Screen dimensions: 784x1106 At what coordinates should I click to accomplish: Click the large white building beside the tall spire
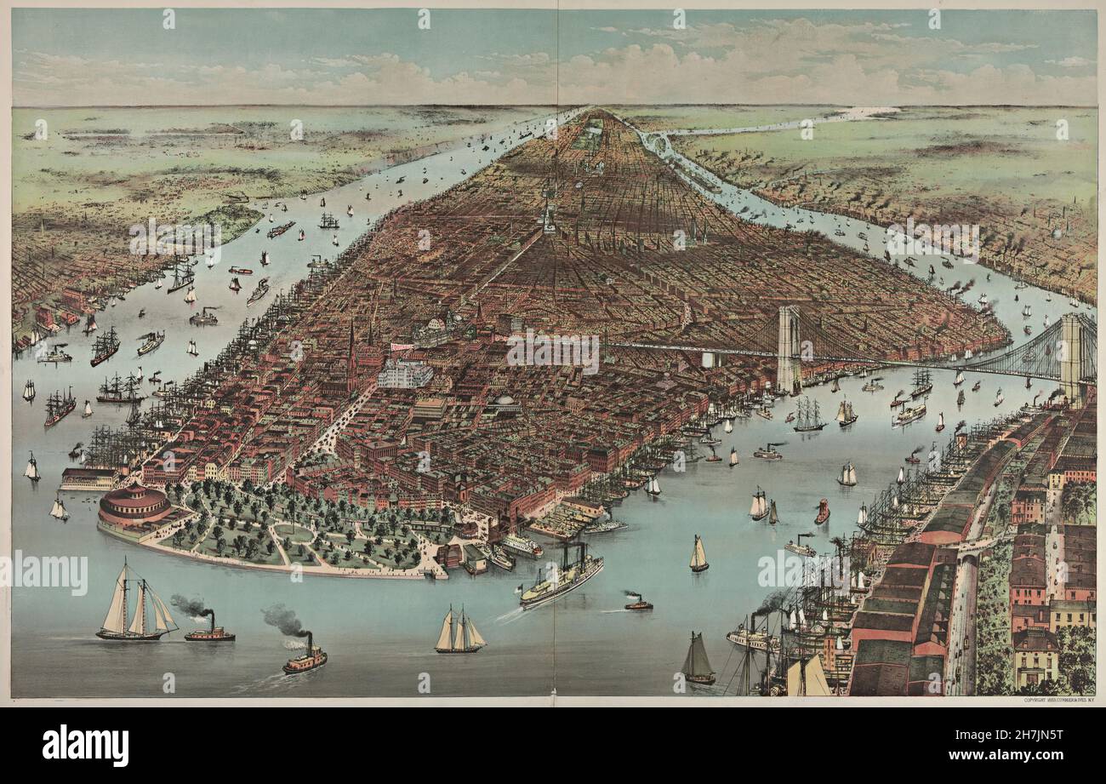[405, 373]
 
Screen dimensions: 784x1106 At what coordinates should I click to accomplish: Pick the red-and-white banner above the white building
[401, 347]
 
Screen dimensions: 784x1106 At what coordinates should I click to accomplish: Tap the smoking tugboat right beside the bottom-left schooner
[208, 630]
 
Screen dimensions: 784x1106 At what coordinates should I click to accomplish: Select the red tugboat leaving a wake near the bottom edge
[305, 657]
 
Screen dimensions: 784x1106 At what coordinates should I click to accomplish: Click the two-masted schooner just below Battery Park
[459, 632]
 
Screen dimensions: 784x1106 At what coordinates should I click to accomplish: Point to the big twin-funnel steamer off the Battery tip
[562, 579]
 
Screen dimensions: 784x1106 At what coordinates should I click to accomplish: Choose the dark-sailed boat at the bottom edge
[698, 660]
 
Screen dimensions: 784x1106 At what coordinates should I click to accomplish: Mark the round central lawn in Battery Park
[294, 533]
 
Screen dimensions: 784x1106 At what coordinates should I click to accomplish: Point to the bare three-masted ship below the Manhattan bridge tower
[808, 415]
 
